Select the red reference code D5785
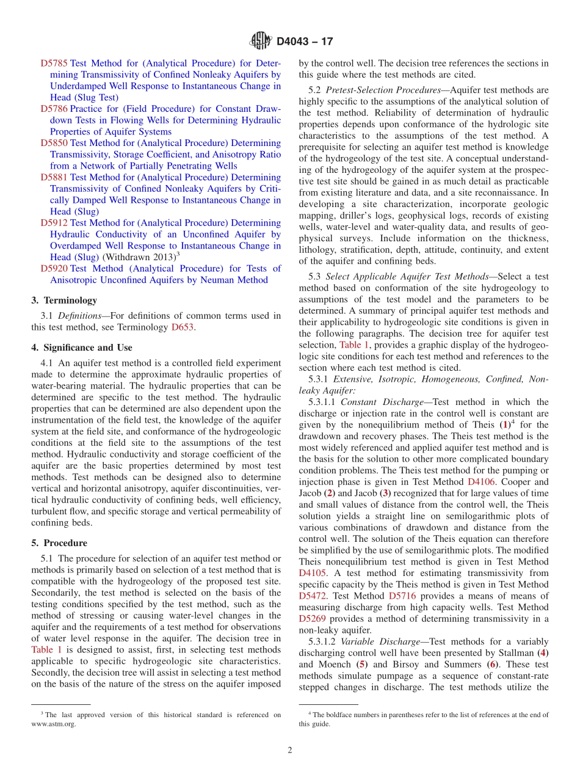pyautogui.click(x=54, y=63)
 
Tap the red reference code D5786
pyautogui.click(x=54, y=109)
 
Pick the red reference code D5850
pyautogui.click(x=54, y=143)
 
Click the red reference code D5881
pyautogui.click(x=54, y=177)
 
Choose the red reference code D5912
pyautogui.click(x=54, y=223)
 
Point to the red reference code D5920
pyautogui.click(x=54, y=269)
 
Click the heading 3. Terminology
pyautogui.click(x=64, y=301)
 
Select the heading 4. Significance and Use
pyautogui.click(x=81, y=348)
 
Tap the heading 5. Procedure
pyautogui.click(x=59, y=543)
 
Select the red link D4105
pyautogui.click(x=312, y=573)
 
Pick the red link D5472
pyautogui.click(x=312, y=596)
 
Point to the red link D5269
pyautogui.click(x=312, y=619)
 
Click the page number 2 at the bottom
pyautogui.click(x=290, y=750)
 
